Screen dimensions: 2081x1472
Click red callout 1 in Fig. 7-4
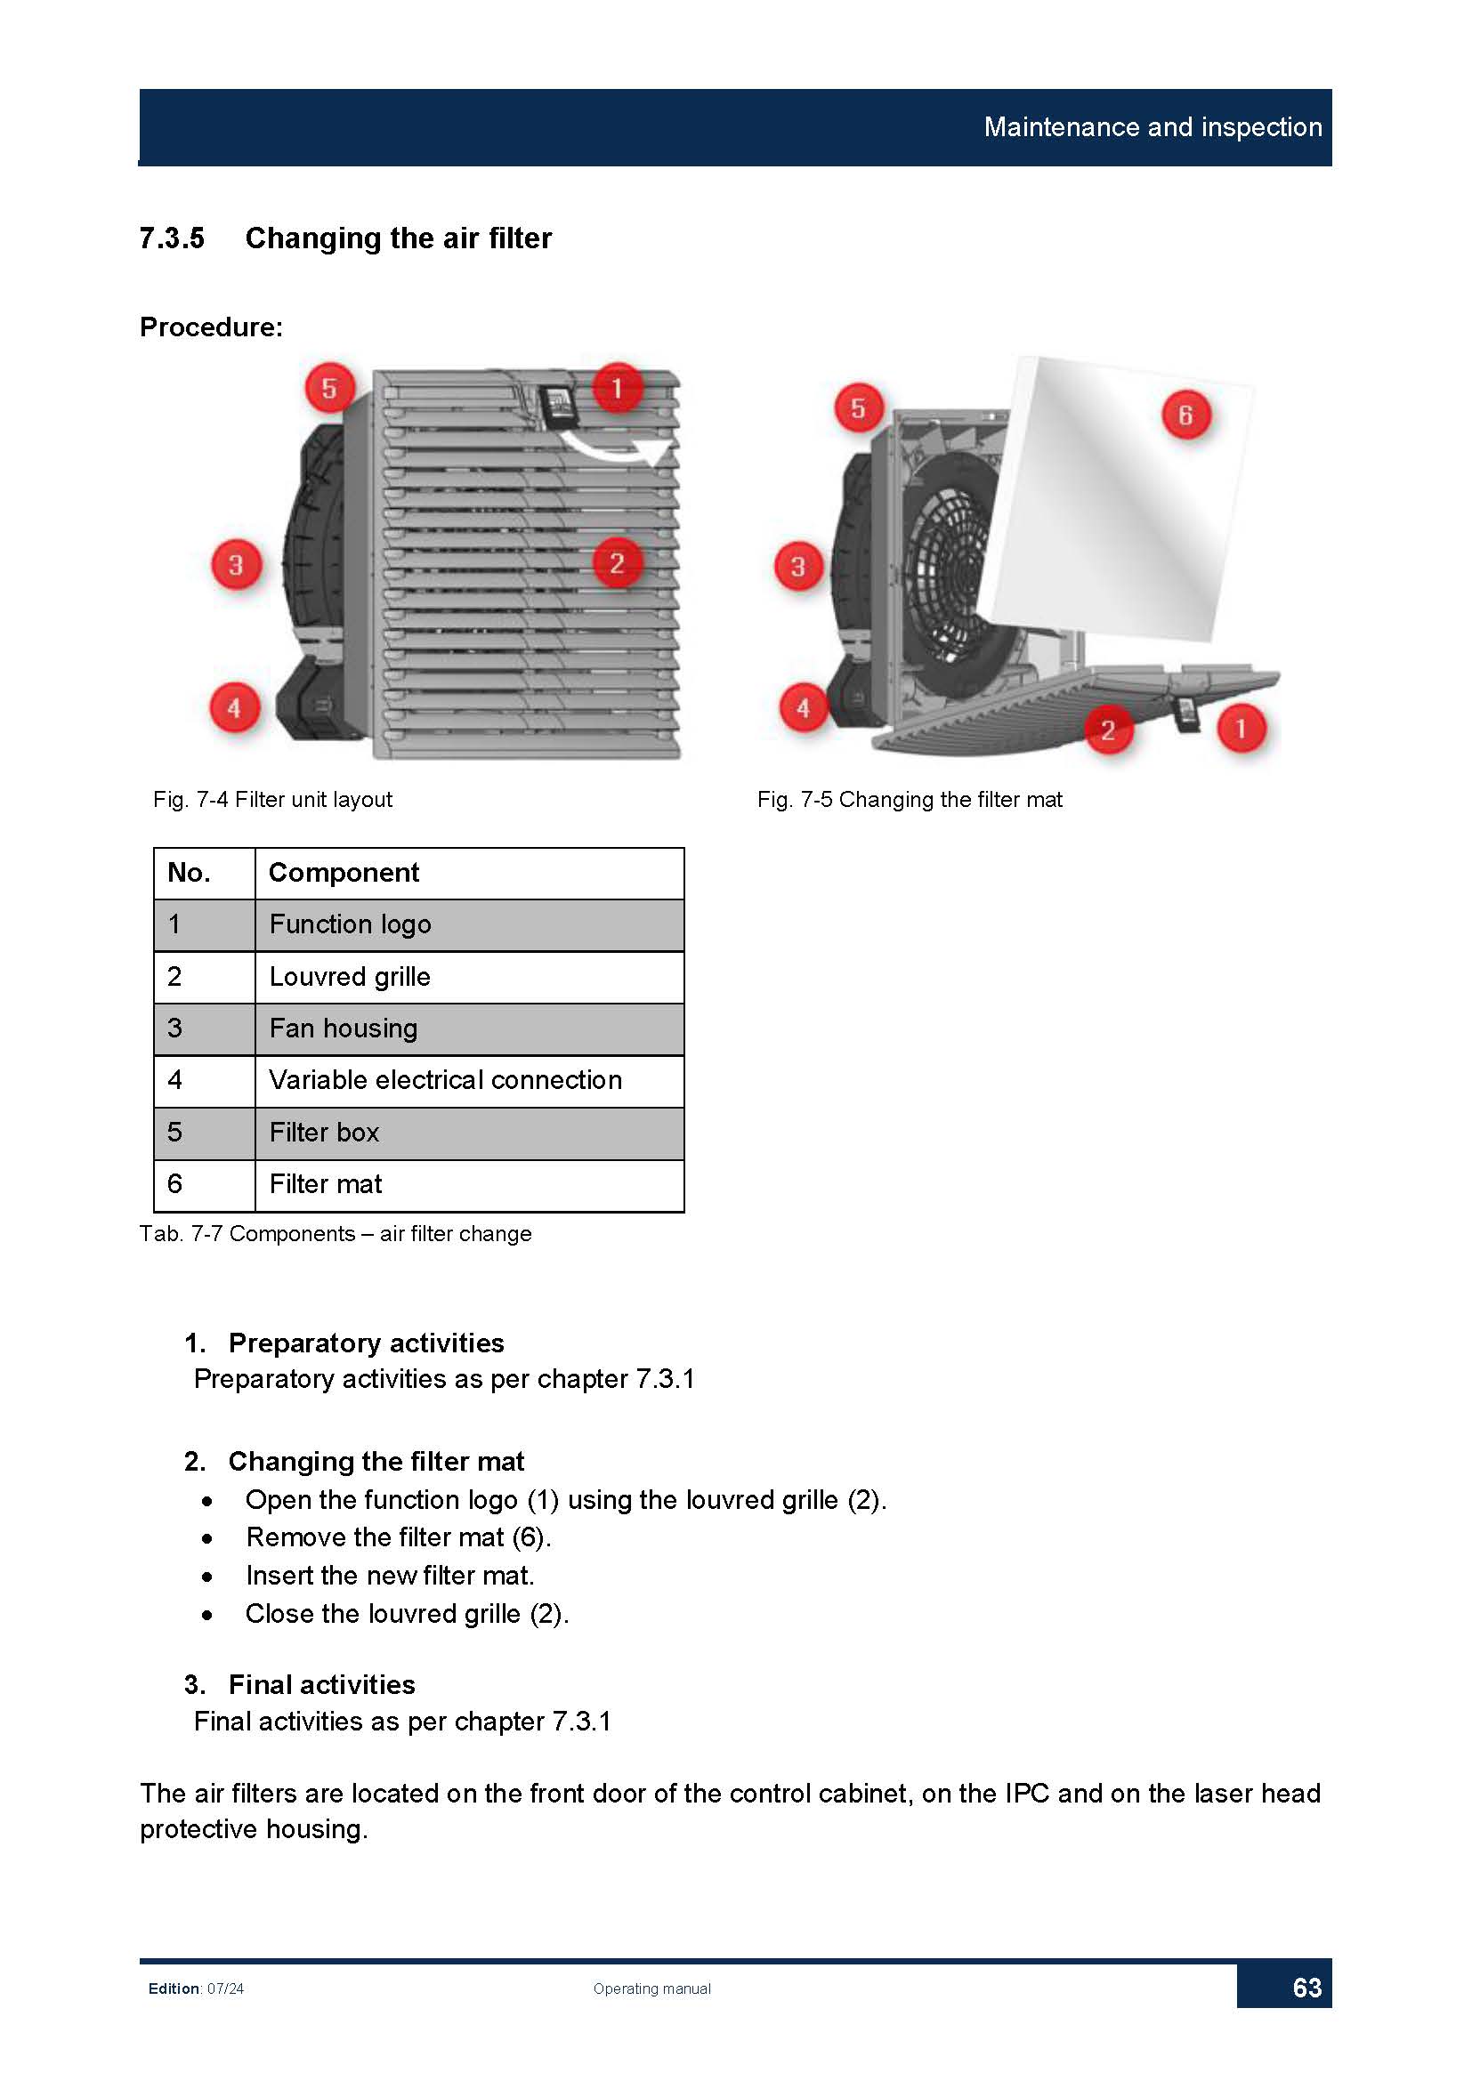coord(618,388)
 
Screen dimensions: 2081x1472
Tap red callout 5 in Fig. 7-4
coord(329,388)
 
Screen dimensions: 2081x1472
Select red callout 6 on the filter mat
coord(1185,415)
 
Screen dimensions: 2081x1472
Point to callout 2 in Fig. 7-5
coord(1108,730)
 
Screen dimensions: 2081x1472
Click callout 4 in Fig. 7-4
coord(235,708)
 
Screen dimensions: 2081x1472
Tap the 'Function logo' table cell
coord(469,924)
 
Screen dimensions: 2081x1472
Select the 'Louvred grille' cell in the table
coord(469,977)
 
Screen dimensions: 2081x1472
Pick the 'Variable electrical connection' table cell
coord(469,1080)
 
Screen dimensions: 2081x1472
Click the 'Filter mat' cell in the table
coord(469,1184)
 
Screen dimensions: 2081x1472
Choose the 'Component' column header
coord(469,873)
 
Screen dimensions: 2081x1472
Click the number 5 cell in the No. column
coord(204,1133)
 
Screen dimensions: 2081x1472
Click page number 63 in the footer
coord(1306,1988)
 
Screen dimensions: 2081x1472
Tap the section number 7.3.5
coord(173,238)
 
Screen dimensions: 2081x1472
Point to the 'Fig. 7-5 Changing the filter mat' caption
coord(910,800)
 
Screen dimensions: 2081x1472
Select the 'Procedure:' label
coord(211,327)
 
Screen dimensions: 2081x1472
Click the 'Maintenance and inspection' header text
coord(1152,127)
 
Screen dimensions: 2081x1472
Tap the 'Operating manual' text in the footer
coord(651,1988)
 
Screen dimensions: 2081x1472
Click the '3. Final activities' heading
coord(300,1684)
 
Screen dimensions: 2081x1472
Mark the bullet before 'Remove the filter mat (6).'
coord(208,1539)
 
